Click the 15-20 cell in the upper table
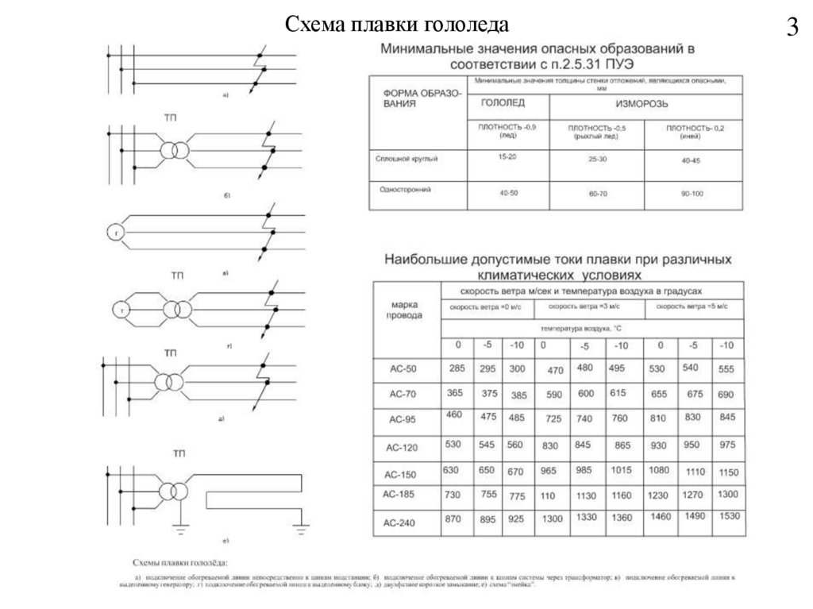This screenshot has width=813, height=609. tap(507, 158)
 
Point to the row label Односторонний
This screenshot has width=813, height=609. tap(403, 190)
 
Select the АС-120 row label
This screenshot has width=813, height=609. tap(401, 448)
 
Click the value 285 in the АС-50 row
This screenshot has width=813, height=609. tap(457, 368)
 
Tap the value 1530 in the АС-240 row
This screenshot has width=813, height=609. tap(726, 517)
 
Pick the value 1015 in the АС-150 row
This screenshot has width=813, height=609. tap(621, 469)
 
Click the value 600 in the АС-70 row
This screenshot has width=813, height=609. tap(585, 393)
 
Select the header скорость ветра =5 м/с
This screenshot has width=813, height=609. tap(692, 306)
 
